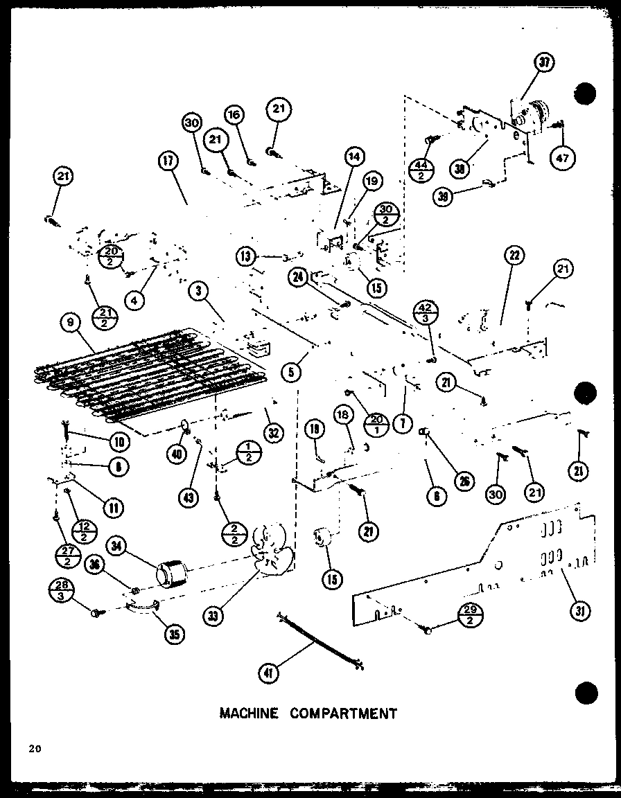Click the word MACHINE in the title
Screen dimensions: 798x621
249,713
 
